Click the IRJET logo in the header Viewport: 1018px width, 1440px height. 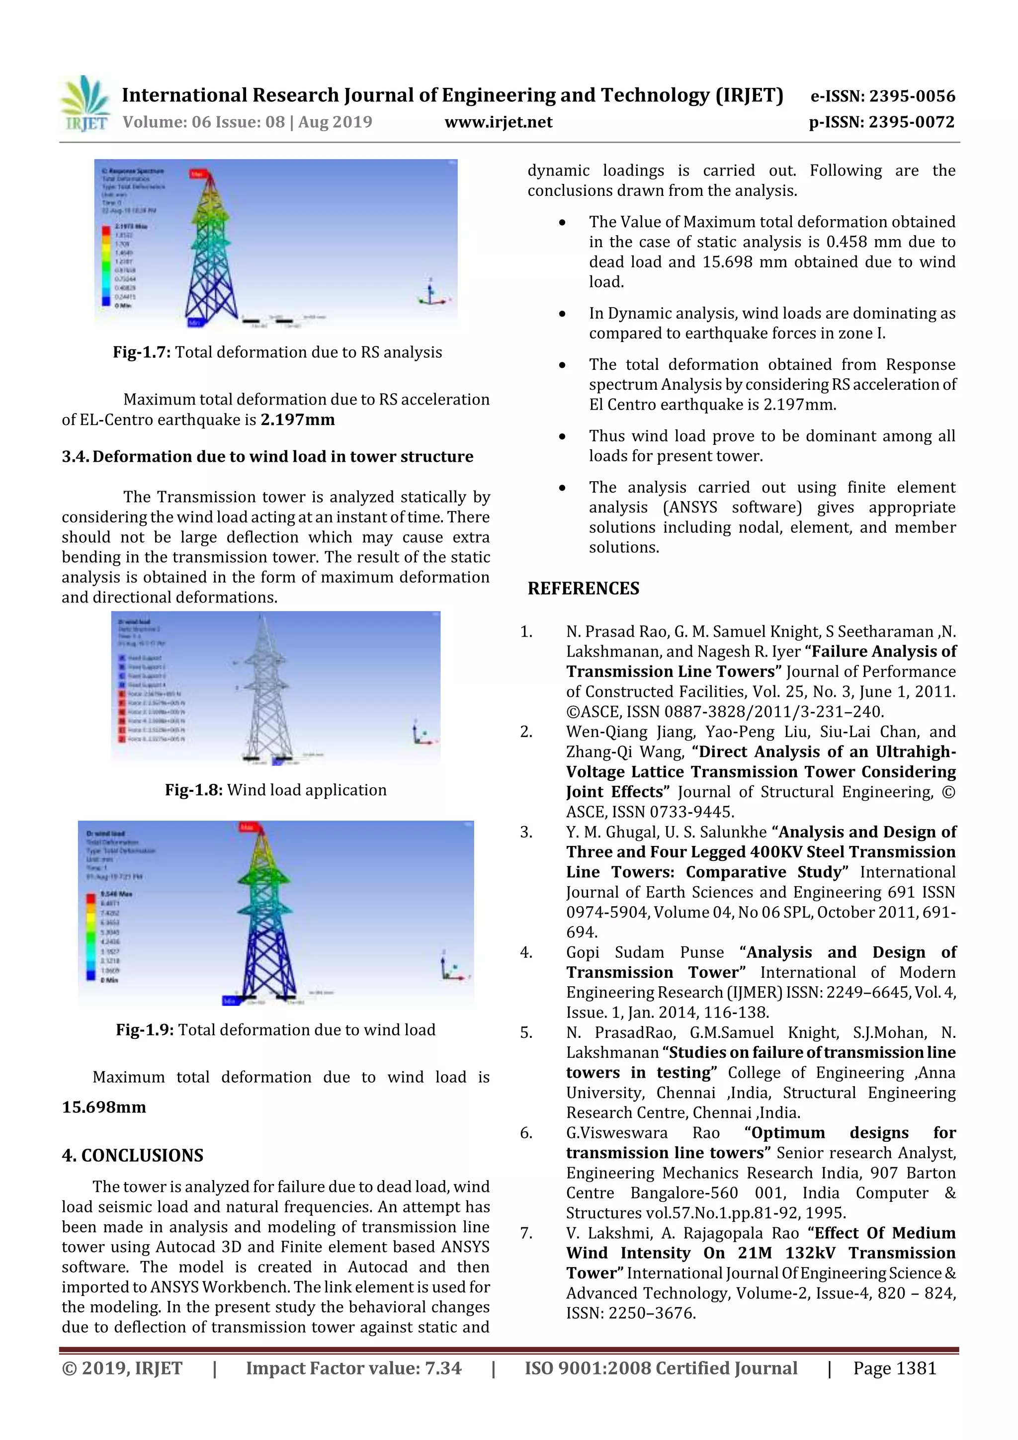[85, 104]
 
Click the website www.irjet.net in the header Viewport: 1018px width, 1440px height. [498, 122]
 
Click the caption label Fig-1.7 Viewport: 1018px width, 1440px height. [141, 352]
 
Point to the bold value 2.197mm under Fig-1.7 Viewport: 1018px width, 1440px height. [297, 420]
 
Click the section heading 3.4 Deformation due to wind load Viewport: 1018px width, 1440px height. [267, 457]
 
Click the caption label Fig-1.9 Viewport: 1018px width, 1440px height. [144, 1030]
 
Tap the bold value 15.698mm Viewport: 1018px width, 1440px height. [103, 1107]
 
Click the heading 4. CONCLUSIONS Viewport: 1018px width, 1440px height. [132, 1155]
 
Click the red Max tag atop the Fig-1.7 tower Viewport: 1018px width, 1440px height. [197, 174]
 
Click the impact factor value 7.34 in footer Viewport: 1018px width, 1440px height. [443, 1368]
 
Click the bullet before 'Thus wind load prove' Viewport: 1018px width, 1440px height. [563, 437]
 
